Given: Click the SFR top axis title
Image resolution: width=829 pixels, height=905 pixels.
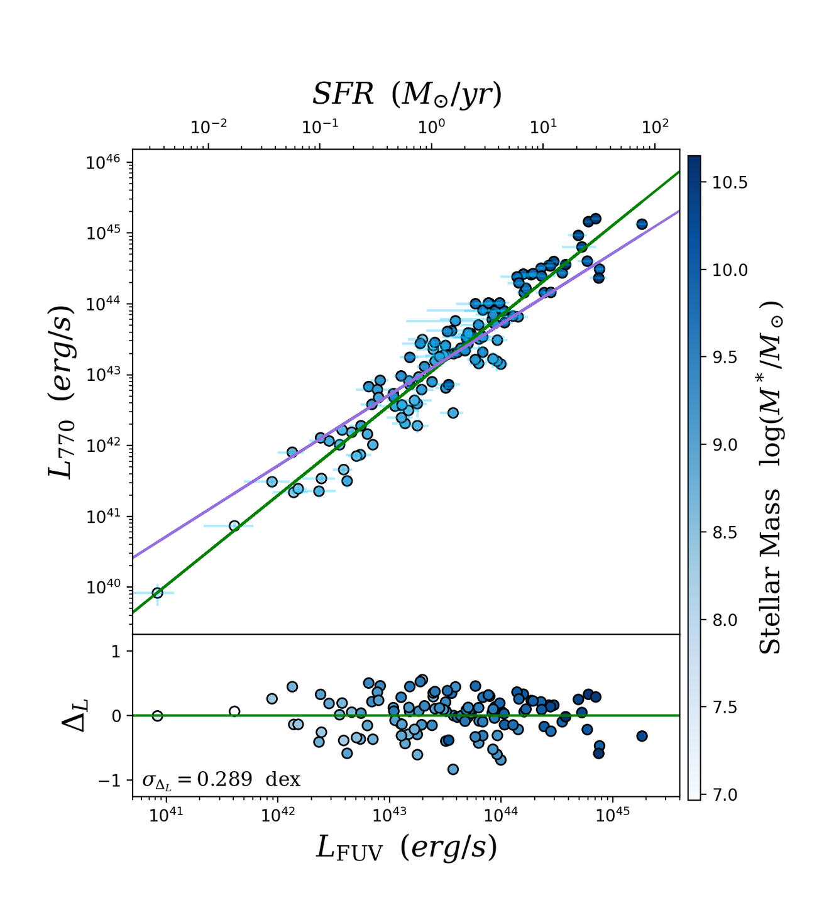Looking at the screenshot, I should [x=407, y=94].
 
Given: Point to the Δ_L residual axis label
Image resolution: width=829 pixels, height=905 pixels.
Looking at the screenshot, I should [x=75, y=715].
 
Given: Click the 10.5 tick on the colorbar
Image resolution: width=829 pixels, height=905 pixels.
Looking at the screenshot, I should [x=729, y=183].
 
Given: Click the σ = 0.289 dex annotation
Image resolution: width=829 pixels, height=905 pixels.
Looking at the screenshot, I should [x=221, y=780].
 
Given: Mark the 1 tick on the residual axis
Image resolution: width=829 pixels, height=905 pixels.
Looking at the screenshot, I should [x=116, y=651].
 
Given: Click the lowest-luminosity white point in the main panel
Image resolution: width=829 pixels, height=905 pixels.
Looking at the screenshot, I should [x=157, y=593].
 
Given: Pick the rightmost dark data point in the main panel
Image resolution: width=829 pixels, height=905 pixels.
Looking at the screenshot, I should [x=642, y=224].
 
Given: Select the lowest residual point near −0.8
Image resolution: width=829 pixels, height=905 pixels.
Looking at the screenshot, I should [x=453, y=769].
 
